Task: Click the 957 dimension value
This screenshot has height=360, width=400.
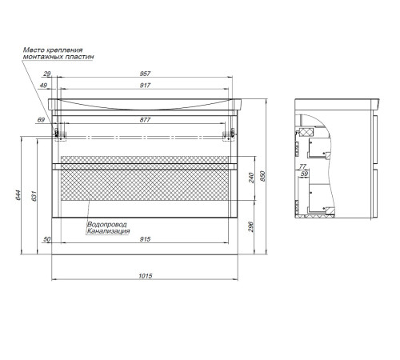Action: pyautogui.click(x=145, y=74)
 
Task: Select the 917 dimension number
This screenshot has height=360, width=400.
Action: pyautogui.click(x=145, y=86)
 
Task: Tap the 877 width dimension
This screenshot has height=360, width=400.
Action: pyautogui.click(x=145, y=120)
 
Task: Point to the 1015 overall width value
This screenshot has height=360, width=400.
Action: pyautogui.click(x=146, y=276)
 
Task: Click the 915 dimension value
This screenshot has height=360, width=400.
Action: pyautogui.click(x=145, y=239)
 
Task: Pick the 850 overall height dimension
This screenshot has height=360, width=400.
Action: pyautogui.click(x=262, y=176)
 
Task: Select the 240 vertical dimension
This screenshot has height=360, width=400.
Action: pyautogui.click(x=251, y=178)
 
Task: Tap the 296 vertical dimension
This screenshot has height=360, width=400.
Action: pyautogui.click(x=251, y=226)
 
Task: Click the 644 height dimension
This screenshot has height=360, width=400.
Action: pyautogui.click(x=18, y=195)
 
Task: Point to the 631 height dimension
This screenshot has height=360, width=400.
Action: pyautogui.click(x=34, y=196)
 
